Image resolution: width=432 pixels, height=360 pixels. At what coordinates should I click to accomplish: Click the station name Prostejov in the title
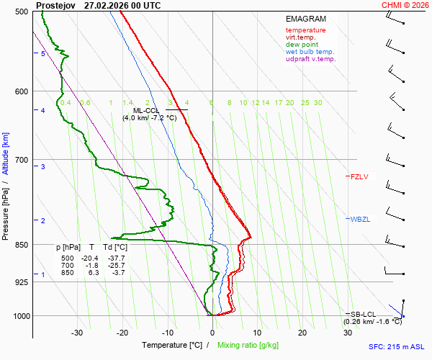[x=56, y=5]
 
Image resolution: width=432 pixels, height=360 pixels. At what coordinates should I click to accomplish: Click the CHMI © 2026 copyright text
[x=406, y=5]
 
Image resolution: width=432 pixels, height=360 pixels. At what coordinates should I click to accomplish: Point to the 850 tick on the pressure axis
[x=20, y=245]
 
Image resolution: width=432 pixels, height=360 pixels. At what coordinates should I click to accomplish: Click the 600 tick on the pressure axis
[x=20, y=91]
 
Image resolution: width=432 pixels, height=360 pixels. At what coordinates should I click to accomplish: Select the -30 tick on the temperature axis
[x=77, y=332]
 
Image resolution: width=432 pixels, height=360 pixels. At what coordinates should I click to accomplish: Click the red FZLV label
[x=359, y=176]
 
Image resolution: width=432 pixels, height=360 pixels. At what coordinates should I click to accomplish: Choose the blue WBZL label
[x=359, y=219]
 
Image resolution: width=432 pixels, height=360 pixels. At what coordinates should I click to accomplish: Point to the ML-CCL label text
[x=146, y=110]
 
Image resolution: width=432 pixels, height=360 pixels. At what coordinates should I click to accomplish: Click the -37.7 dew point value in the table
[x=117, y=258]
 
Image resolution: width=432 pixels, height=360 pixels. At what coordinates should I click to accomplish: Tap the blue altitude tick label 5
[x=43, y=54]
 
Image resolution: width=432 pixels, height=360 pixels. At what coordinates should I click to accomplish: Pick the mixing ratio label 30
[x=318, y=103]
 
